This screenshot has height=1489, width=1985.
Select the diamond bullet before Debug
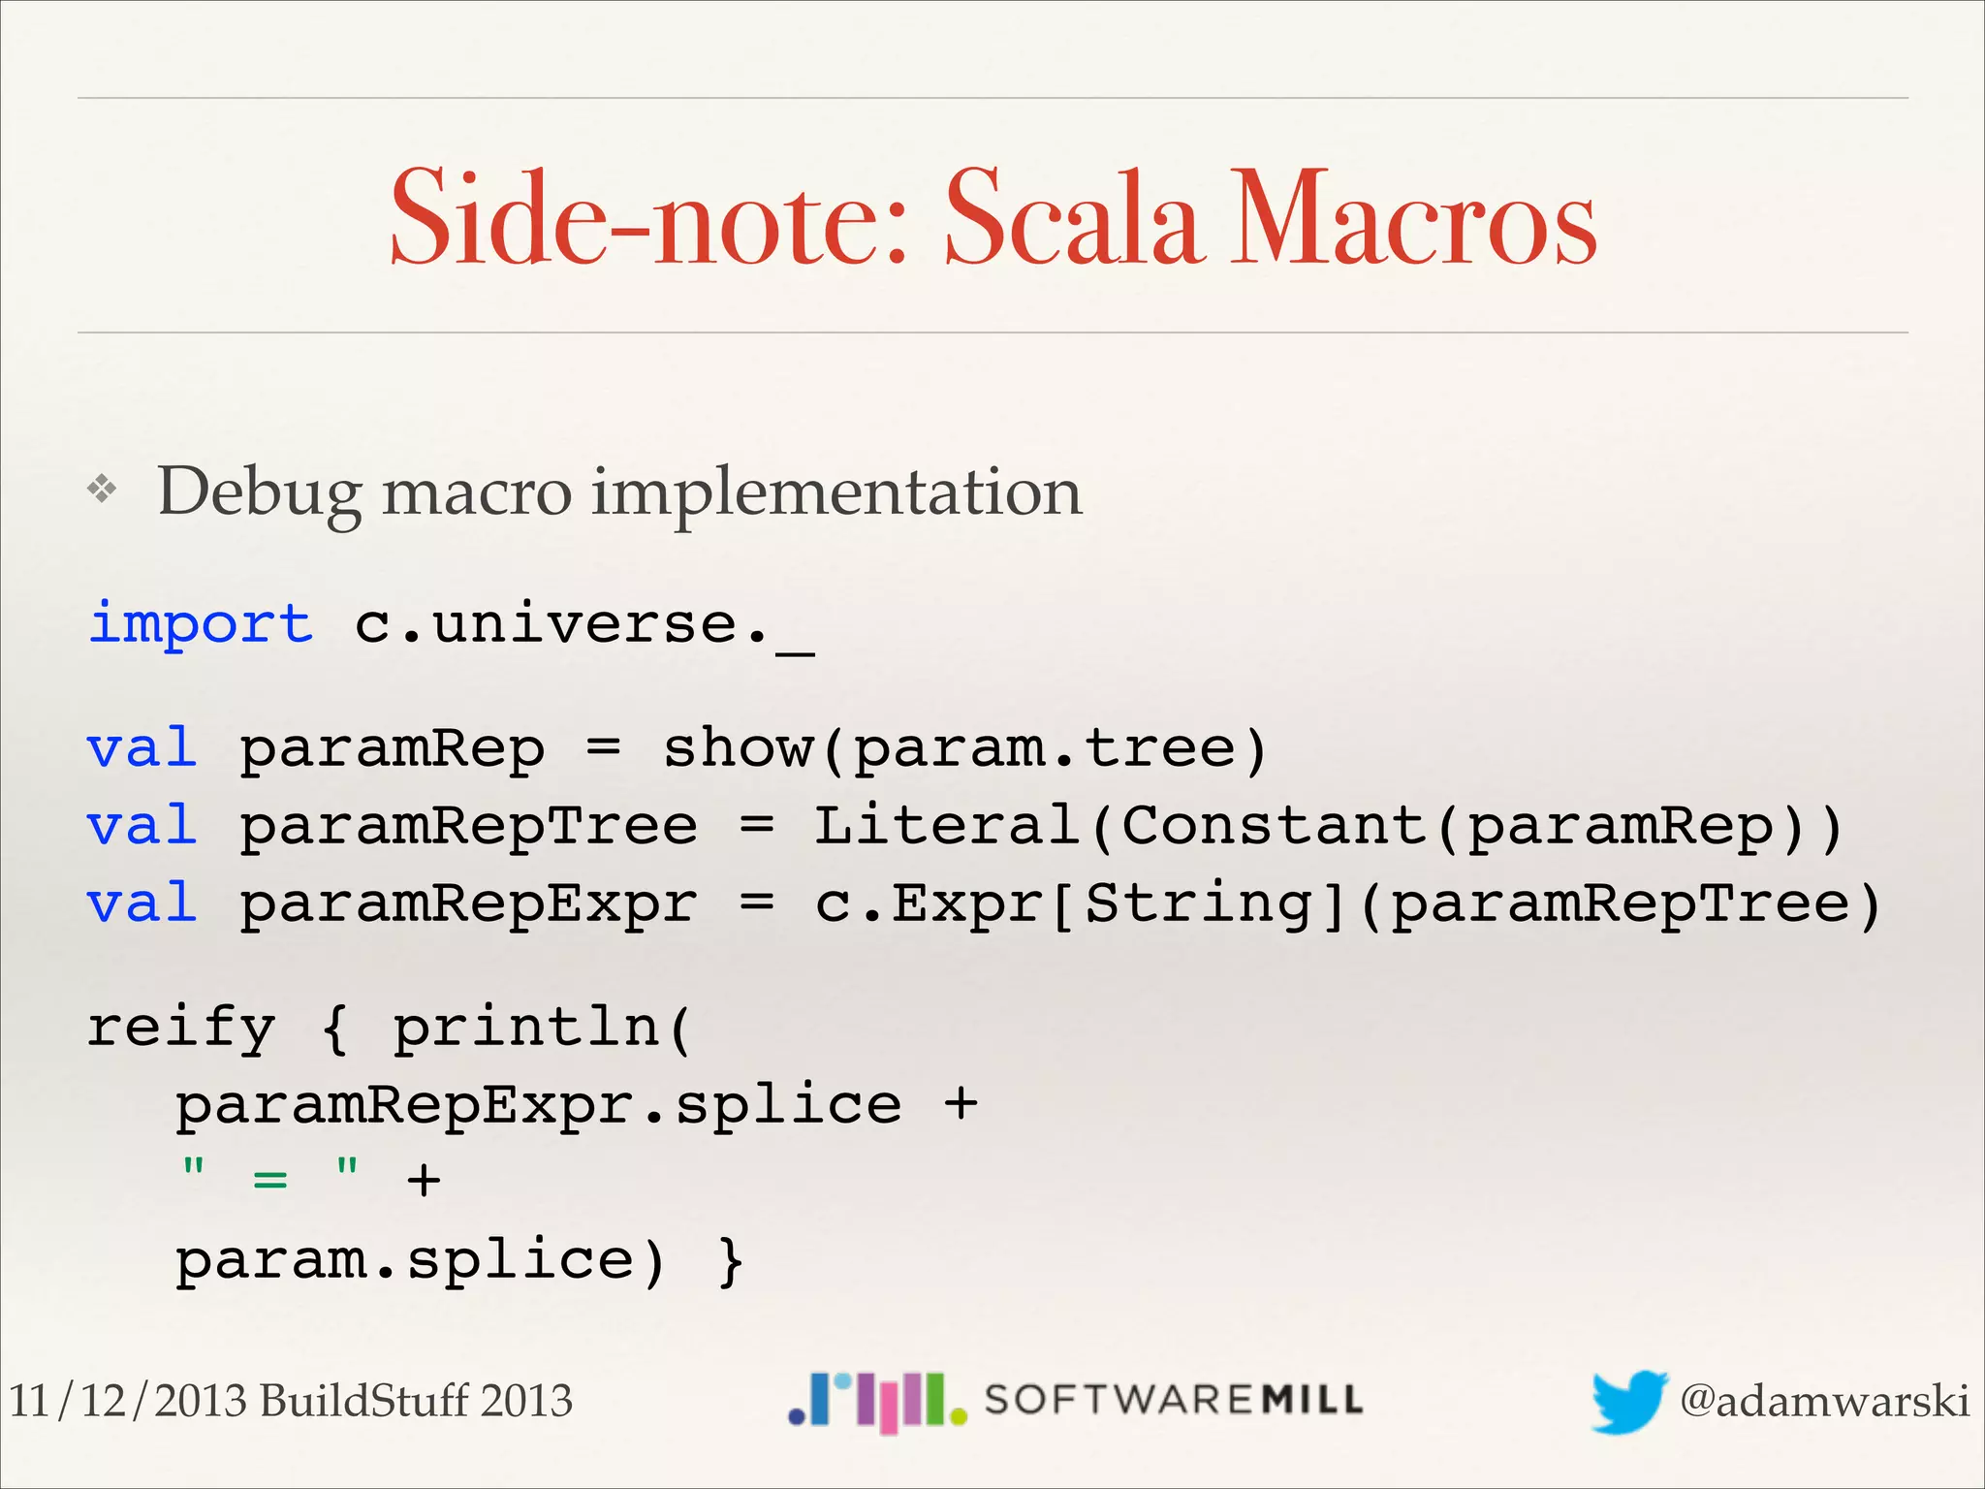pyautogui.click(x=102, y=490)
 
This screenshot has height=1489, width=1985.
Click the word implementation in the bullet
pyautogui.click(x=836, y=491)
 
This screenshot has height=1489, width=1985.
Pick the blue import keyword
pyautogui.click(x=201, y=622)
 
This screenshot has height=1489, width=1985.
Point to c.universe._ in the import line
pyautogui.click(x=584, y=625)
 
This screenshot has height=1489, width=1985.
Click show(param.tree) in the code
pyautogui.click(x=964, y=748)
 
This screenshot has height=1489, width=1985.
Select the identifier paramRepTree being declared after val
pyautogui.click(x=468, y=826)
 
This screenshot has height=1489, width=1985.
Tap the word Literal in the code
pyautogui.click(x=946, y=826)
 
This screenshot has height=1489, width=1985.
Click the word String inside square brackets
pyautogui.click(x=1198, y=903)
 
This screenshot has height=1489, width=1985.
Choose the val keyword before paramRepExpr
pyautogui.click(x=142, y=903)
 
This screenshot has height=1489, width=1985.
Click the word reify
pyautogui.click(x=181, y=1028)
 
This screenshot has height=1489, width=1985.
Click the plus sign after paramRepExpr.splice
pyautogui.click(x=961, y=1104)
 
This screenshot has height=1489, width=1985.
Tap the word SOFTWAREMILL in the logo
pyautogui.click(x=1173, y=1400)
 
